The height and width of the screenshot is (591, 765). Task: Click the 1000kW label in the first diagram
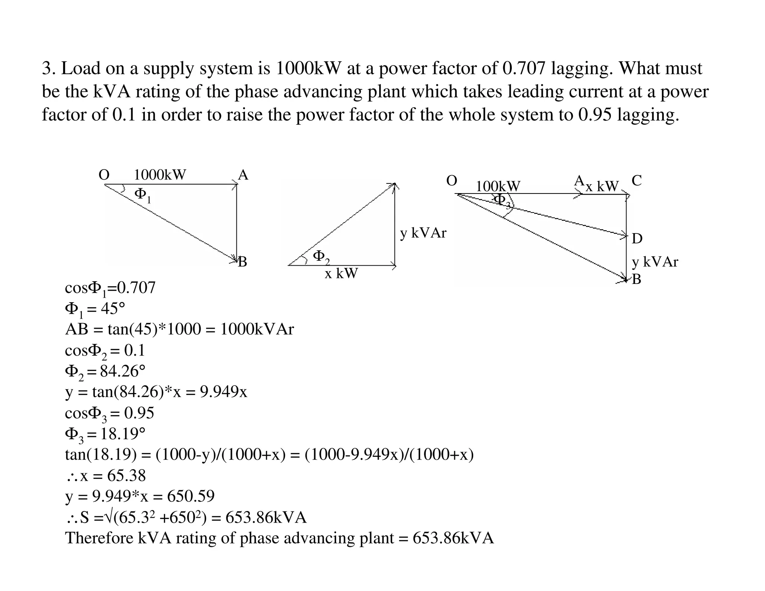point(160,175)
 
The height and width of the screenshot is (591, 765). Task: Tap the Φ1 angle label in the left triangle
point(143,195)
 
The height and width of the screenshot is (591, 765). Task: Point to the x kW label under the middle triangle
point(341,273)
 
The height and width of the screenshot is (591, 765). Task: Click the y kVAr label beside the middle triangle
point(423,233)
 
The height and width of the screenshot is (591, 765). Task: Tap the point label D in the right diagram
point(637,238)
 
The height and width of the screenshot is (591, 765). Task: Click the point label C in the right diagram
point(637,181)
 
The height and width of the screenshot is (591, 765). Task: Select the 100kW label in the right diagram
point(498,186)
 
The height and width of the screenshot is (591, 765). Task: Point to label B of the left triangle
point(242,262)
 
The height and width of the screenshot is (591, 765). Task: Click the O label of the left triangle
point(104,175)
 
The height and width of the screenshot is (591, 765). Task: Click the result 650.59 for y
point(191,496)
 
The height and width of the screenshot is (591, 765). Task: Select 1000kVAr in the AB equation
point(257,329)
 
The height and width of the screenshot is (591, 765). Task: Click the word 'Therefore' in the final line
point(99,538)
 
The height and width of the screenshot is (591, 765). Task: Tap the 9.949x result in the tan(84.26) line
point(223,392)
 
